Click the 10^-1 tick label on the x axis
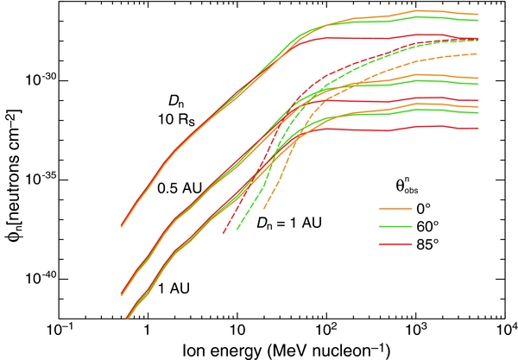point(58,330)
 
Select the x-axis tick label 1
point(148,331)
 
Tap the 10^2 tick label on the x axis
point(326,330)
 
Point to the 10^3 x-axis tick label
point(416,330)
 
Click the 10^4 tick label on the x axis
point(505,330)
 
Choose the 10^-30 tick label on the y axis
point(37,80)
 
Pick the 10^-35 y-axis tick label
point(37,180)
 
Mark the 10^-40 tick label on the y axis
point(37,279)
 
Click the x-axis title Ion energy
point(281,350)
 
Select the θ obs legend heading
point(401,186)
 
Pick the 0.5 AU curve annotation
point(176,187)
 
